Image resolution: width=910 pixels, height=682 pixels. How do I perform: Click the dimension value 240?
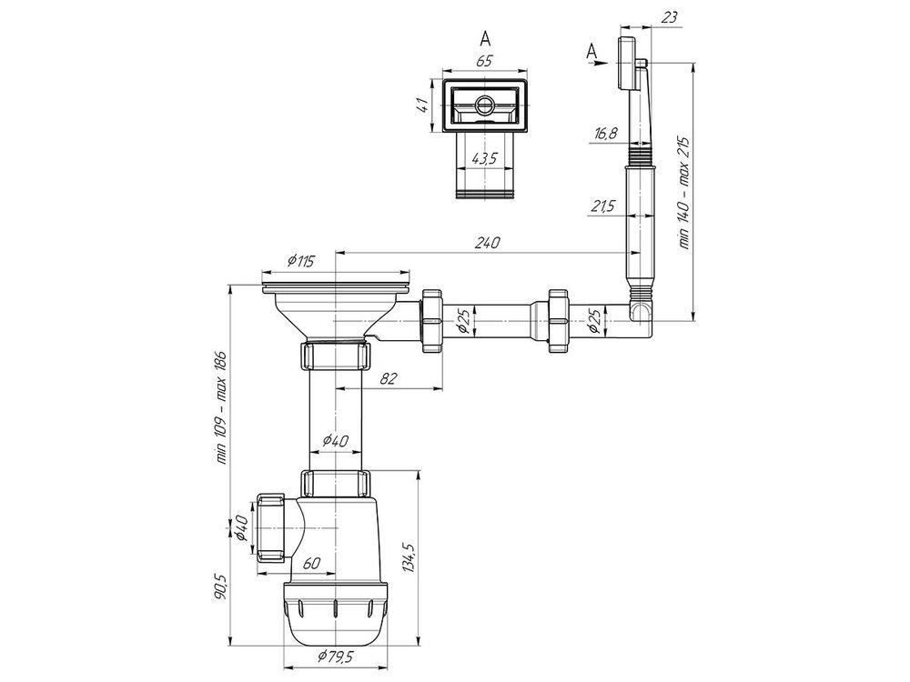pos(486,243)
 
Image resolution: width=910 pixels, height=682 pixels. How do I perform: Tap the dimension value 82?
pos(389,378)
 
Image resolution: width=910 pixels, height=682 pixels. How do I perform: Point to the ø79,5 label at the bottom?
pos(336,657)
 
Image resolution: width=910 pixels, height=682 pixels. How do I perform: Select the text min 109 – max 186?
pos(221,407)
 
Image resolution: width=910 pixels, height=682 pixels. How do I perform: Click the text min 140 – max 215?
pos(685,193)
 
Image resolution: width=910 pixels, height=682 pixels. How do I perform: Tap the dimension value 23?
pos(669,16)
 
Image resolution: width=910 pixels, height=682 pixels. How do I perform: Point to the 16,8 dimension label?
pos(605,134)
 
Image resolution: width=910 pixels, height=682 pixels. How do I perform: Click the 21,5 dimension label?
pos(603,206)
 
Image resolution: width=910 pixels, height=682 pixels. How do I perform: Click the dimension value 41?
pos(423,105)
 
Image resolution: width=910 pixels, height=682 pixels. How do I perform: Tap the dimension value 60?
pos(311,563)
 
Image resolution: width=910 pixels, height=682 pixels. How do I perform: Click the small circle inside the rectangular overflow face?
pos(483,106)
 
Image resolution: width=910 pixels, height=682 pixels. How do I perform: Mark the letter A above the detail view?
pos(485,38)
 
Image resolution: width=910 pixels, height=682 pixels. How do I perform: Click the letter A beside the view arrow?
pos(591,51)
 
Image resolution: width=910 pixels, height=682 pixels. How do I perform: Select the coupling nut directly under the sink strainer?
pos(336,356)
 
